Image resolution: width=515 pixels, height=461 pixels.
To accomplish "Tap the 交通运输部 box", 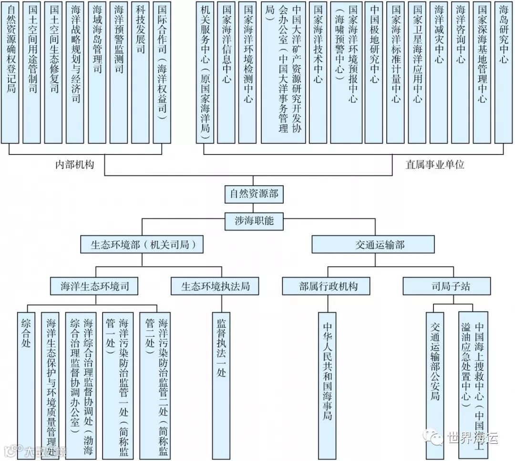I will pos(373,245).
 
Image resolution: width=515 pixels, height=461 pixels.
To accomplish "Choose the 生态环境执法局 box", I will pos(216,286).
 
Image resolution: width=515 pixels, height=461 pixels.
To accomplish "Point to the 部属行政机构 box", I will pos(328,286).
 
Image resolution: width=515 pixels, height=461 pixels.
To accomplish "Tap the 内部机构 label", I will pos(75,164).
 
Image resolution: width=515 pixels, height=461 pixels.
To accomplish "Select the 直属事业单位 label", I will pos(434,164).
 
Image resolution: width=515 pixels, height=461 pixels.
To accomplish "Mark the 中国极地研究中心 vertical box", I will pos(374,72).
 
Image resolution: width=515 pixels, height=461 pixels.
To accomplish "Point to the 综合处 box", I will pos(26,381).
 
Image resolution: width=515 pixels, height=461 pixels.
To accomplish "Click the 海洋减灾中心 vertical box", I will pos(439,72).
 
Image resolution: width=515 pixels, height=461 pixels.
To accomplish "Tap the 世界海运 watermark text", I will pos(472,438).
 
